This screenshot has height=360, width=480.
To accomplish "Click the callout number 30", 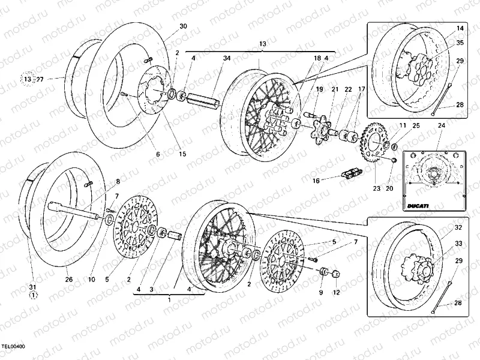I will coord(184,26).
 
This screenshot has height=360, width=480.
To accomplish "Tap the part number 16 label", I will coord(316,179).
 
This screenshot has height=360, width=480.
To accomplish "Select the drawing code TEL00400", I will coord(13,347).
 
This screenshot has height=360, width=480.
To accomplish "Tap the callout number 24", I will coord(441,125).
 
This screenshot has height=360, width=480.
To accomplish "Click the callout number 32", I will coord(458,228).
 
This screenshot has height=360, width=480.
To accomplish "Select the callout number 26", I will coord(68,279).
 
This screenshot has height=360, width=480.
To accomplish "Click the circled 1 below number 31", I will coord(34,295).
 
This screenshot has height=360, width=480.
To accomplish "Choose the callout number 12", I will coord(337,292).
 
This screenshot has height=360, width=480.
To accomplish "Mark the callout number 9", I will coord(320,292).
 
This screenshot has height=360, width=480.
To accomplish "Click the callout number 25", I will coord(416,125).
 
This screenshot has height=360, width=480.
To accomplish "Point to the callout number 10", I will coord(92,279).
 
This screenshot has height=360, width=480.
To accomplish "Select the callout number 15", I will coord(182,154).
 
